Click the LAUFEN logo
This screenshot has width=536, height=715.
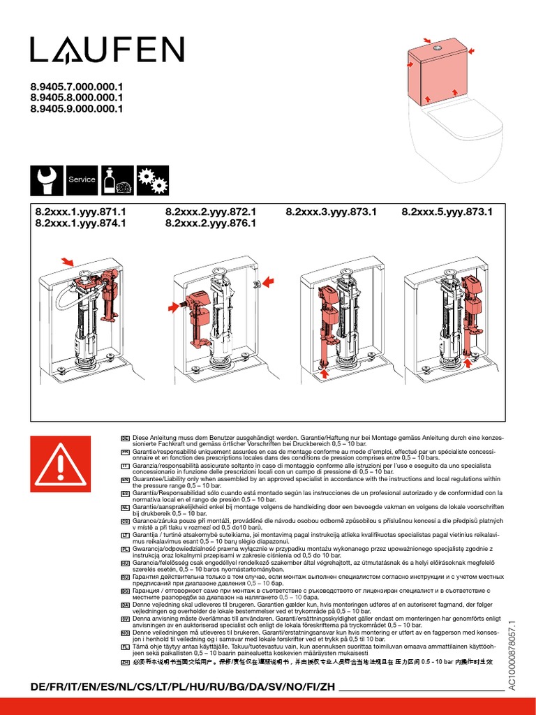point(107,50)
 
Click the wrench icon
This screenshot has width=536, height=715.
point(45,180)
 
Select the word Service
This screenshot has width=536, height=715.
point(82,180)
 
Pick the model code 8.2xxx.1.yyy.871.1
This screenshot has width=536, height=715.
point(80,212)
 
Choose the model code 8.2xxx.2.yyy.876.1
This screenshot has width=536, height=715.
point(211,223)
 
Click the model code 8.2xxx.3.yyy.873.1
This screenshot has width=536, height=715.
point(332,212)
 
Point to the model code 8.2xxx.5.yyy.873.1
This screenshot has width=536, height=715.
point(447,212)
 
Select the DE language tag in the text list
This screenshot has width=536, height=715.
point(126,437)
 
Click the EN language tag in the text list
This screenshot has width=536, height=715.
point(126,480)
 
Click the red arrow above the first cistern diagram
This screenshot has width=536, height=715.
point(68,261)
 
